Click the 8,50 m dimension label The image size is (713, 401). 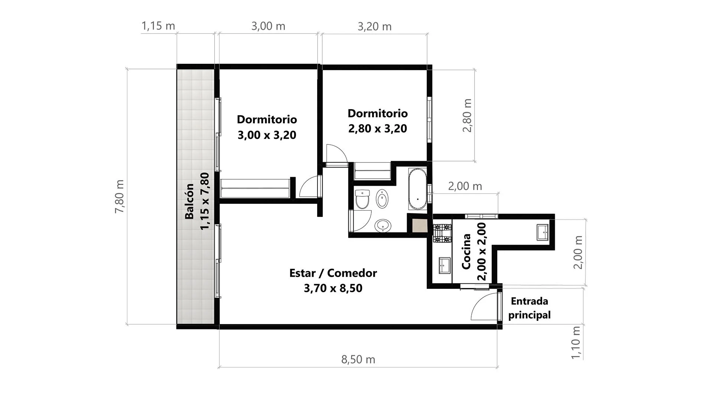358,359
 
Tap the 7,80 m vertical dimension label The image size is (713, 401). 120,196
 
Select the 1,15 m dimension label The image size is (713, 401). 158,26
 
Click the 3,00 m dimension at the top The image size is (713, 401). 268,26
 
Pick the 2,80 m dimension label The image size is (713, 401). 467,115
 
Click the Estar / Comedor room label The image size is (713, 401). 333,281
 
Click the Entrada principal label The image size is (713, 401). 530,308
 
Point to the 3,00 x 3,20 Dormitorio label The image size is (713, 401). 267,127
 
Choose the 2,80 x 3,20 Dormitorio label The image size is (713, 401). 378,121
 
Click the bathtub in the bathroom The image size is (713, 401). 418,189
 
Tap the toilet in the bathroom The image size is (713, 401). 362,199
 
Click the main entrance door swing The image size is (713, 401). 485,306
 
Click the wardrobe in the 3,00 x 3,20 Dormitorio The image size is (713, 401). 255,188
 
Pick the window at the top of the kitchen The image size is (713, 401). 482,216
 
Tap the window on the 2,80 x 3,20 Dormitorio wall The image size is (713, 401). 430,120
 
